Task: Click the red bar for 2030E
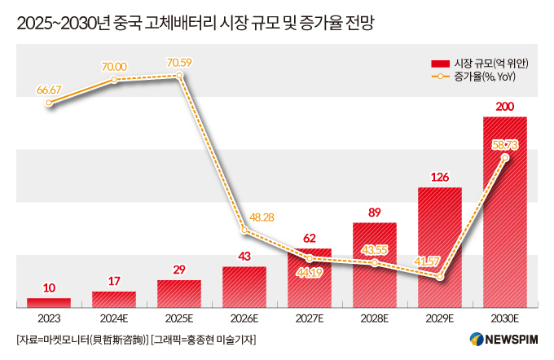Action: coord(504,212)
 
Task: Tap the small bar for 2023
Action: coord(49,302)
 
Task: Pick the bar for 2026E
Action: coord(244,287)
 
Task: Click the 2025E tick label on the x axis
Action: coord(179,318)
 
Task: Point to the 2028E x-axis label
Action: coord(375,318)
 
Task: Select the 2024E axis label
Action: coord(114,318)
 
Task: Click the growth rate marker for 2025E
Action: coord(179,77)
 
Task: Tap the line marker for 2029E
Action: coord(440,277)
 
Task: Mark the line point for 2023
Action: coord(49,103)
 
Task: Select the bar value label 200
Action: coord(504,107)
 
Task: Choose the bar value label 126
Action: coord(439,177)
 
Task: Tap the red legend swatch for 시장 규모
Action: coord(440,63)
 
